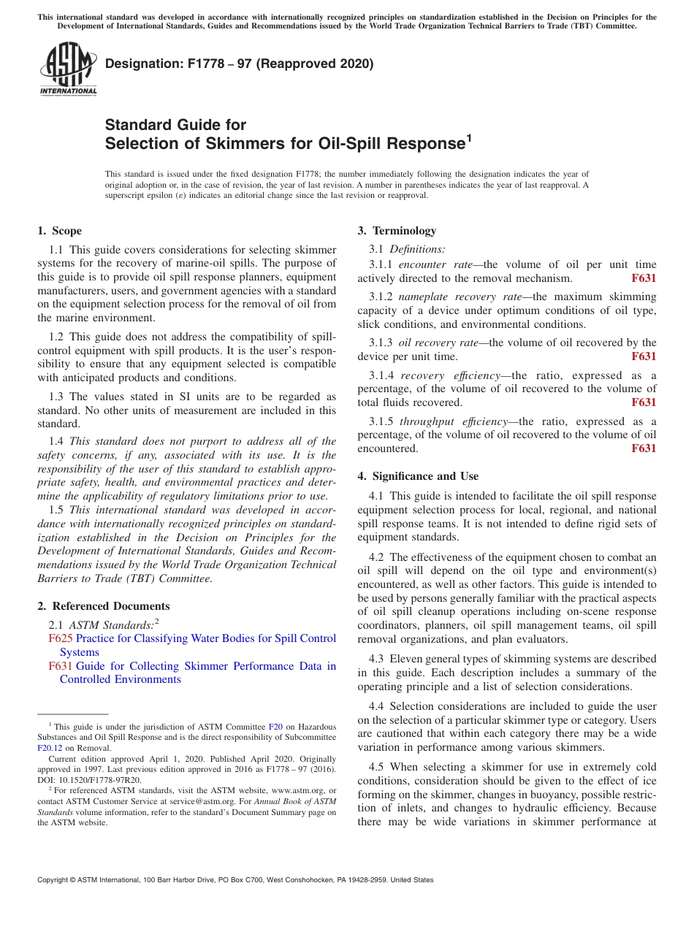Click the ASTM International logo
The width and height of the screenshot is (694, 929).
coord(68,69)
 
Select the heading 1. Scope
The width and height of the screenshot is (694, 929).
coord(60,231)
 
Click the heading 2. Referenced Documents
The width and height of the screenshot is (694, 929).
coord(104,606)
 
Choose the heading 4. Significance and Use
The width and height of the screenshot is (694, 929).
coord(418,476)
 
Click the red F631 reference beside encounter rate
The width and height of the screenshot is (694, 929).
coord(643,278)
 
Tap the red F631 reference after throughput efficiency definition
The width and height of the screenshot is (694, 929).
coord(643,448)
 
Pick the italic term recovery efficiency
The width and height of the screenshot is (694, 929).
coord(445,375)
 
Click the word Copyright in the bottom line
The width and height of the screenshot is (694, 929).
coord(56,880)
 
